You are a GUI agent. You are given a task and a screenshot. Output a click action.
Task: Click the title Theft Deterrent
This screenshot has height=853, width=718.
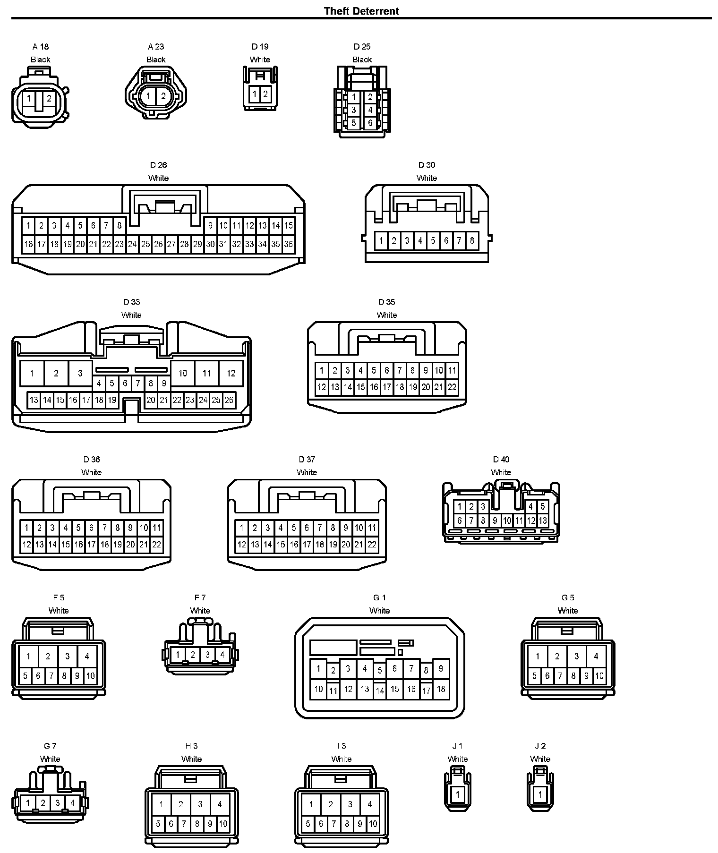361,11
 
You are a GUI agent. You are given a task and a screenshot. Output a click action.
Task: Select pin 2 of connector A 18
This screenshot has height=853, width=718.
49,99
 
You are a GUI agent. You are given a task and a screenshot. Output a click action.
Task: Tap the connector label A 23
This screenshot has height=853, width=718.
156,46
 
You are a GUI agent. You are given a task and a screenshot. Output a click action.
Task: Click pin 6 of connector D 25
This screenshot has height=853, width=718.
370,123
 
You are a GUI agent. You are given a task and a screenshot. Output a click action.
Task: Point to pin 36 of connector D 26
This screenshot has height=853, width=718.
288,244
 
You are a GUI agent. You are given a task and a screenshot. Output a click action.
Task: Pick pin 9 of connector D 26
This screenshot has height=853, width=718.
210,225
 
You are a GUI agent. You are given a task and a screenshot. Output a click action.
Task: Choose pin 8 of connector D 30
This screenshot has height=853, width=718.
472,241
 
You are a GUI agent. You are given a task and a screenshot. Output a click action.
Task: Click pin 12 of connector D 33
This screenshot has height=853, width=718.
231,373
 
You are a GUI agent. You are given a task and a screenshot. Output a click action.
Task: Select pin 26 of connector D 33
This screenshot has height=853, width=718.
229,400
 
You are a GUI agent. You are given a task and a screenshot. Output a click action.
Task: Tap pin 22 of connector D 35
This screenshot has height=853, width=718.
452,387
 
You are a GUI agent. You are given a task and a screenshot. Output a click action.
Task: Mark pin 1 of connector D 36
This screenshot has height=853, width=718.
26,528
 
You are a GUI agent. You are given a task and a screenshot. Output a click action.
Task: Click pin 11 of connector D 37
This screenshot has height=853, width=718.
372,528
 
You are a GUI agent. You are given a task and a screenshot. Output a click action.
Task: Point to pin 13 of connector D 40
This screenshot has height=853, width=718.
543,520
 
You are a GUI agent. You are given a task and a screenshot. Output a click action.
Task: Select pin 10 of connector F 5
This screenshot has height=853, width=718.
90,676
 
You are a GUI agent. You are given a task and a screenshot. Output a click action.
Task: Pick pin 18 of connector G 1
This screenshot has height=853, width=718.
441,689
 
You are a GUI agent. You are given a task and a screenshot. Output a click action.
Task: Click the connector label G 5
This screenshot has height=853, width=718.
568,597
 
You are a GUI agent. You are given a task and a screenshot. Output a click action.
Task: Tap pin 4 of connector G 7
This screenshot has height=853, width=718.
72,802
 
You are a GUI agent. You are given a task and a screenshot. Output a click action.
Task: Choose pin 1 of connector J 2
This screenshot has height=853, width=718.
540,794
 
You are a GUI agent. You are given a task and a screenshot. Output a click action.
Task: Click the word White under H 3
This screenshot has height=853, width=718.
191,759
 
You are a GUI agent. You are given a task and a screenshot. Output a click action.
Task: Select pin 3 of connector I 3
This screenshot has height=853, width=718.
350,804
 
